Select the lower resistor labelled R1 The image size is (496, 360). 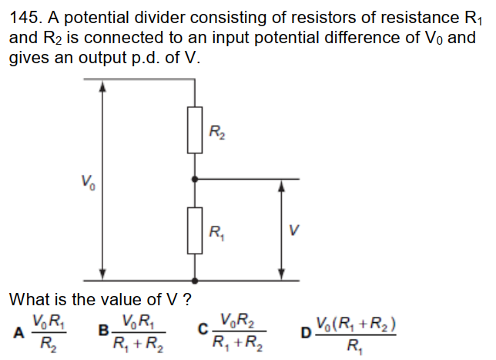[x=194, y=230]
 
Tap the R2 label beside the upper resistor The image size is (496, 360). [x=217, y=133]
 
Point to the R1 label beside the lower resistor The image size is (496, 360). [x=217, y=228]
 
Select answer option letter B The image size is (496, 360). [x=103, y=331]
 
